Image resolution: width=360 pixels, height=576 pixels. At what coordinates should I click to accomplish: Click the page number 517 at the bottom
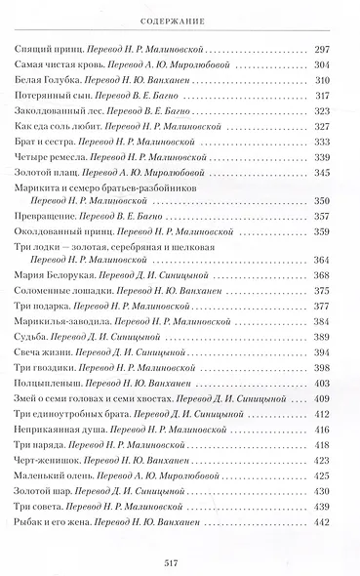click(180, 561)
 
